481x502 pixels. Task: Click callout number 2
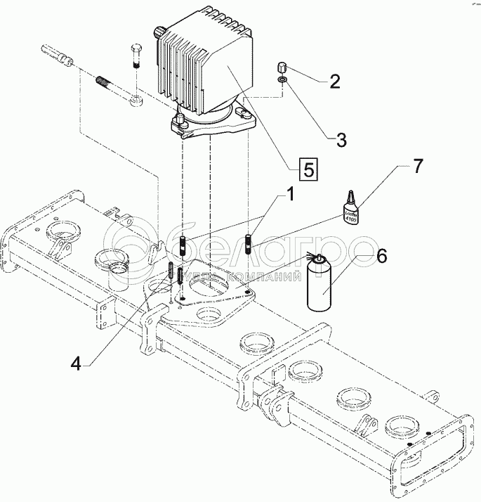[x=335, y=81]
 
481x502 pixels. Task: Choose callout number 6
[x=381, y=256]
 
